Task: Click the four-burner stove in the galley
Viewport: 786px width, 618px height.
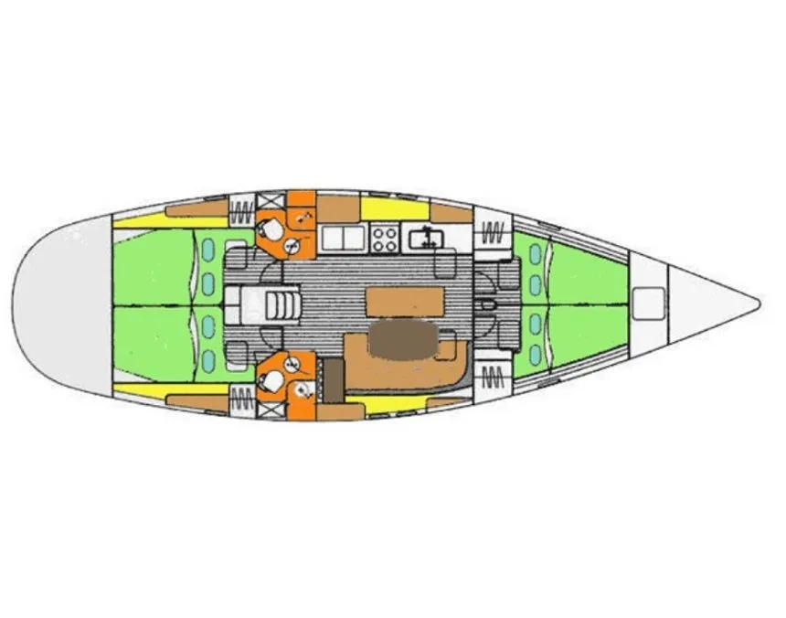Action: (385, 240)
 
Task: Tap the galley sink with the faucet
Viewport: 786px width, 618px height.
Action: (426, 239)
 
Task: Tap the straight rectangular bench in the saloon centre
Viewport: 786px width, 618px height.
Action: (404, 300)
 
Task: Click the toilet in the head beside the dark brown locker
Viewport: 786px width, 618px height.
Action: (272, 375)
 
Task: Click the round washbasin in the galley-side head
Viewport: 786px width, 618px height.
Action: (292, 244)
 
